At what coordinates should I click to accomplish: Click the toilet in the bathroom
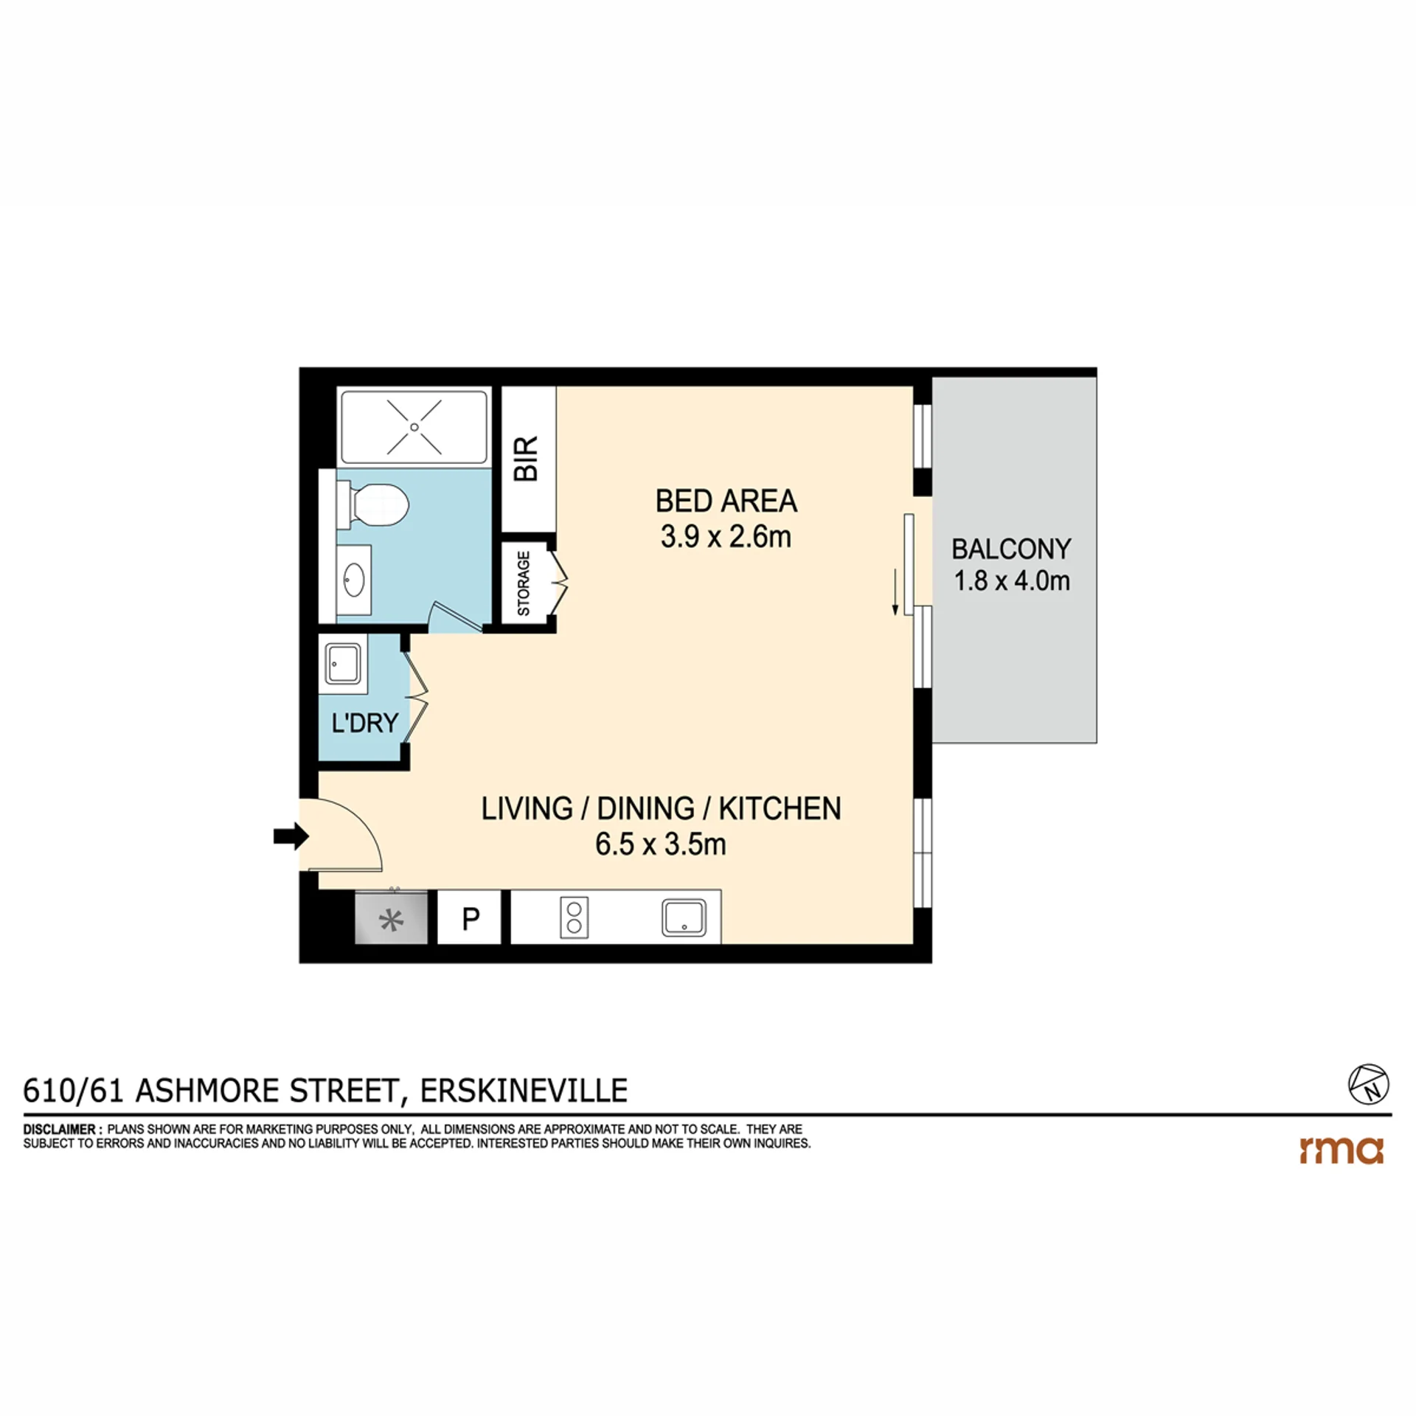coord(373,505)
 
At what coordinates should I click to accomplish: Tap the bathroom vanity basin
coord(354,580)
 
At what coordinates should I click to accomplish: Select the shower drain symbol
coord(414,427)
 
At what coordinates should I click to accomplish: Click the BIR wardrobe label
coord(527,459)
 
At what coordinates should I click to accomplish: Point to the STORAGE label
coord(524,583)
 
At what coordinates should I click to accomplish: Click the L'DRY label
coord(365,723)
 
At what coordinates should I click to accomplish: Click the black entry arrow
coord(291,836)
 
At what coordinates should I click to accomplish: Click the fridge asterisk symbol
coord(391,920)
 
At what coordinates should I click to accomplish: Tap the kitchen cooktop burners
coord(575,917)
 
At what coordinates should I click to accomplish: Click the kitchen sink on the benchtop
coord(684,917)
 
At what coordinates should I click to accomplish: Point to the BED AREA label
coord(726,502)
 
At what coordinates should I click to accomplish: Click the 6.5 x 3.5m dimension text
coord(661,844)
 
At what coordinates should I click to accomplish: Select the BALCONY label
coord(1011,549)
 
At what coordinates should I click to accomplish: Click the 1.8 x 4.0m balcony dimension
coord(1012,581)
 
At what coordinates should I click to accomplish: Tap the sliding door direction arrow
coord(895,591)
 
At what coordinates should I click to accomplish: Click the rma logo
coord(1341,1150)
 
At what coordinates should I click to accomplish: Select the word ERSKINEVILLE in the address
coord(524,1091)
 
